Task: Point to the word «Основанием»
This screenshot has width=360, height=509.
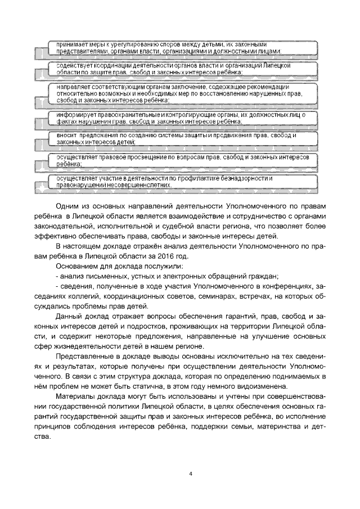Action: tap(78, 266)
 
